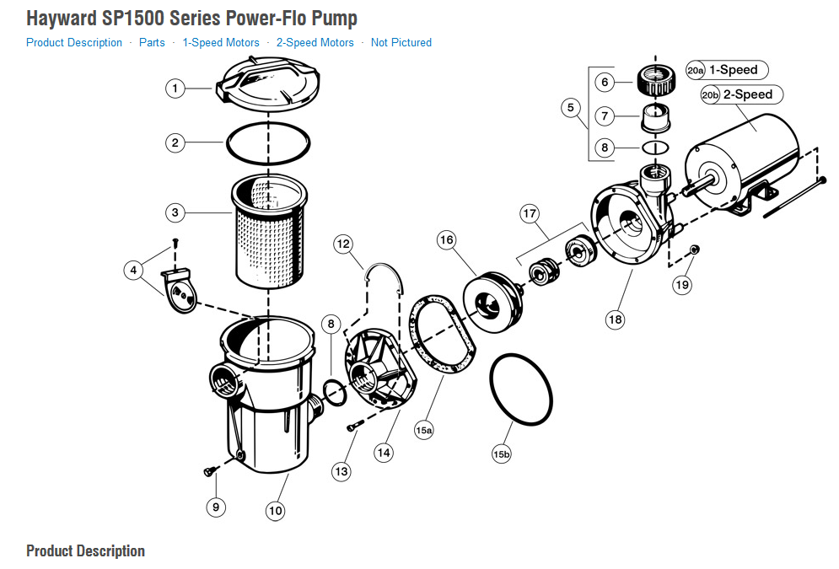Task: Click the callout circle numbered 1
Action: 175,88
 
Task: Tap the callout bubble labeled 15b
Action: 502,454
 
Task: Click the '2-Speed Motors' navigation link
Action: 309,42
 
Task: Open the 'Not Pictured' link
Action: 401,42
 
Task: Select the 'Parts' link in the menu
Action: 152,42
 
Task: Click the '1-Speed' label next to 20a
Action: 733,70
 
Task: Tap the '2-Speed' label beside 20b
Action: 747,94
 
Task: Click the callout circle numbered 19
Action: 681,284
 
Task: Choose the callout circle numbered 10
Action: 275,510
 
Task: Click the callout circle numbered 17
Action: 529,214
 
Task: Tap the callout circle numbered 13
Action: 341,472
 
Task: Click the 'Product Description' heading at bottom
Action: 85,551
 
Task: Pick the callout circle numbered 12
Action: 342,244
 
